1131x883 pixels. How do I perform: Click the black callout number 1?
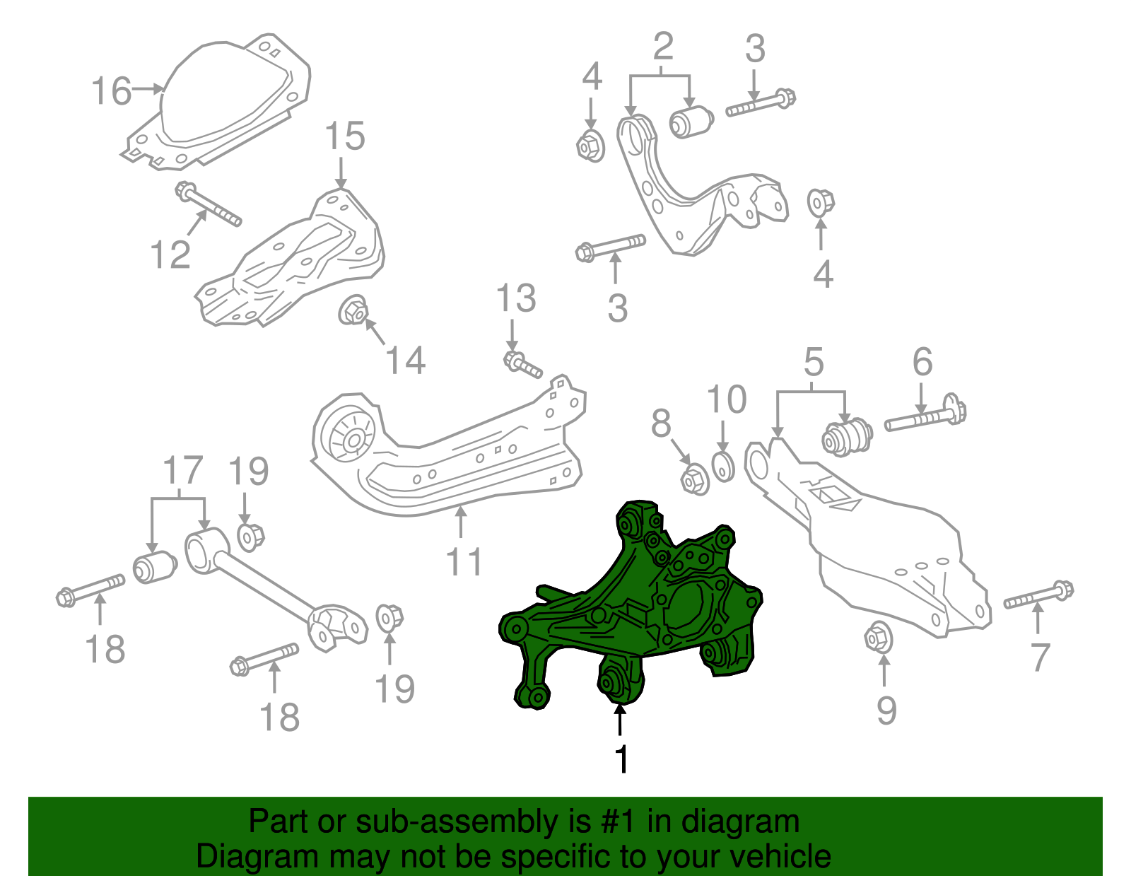tap(621, 760)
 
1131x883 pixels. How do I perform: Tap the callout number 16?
tap(112, 91)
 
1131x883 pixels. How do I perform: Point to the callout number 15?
tap(344, 136)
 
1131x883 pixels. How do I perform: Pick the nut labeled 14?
tap(353, 310)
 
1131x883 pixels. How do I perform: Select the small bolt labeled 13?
tap(522, 365)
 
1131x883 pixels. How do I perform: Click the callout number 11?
tap(464, 561)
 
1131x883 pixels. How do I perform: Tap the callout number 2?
tap(662, 47)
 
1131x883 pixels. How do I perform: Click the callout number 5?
tap(814, 362)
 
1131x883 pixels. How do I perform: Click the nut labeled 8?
tap(695, 479)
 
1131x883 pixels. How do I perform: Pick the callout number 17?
tap(183, 470)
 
